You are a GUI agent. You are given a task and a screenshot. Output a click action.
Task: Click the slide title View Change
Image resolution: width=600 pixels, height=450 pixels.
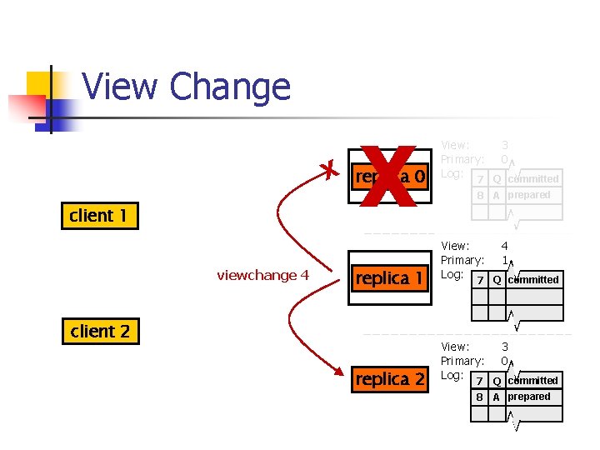point(187,87)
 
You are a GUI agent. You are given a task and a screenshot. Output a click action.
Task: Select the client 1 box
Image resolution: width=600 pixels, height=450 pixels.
point(98,216)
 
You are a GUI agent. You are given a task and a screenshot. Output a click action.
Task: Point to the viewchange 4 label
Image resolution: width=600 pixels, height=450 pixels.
point(262,275)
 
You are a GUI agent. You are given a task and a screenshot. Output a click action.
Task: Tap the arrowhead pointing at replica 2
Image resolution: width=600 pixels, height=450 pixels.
point(341,372)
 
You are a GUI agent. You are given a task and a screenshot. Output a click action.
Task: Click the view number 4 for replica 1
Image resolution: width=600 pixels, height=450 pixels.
point(504,246)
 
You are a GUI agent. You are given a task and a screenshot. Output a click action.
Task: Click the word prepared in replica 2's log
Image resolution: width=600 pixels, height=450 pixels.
point(529,397)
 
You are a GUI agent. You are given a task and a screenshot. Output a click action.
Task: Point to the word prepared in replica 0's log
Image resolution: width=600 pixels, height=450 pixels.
point(529,195)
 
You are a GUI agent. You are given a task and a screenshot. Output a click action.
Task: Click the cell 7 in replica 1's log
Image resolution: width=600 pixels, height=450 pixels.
point(479,281)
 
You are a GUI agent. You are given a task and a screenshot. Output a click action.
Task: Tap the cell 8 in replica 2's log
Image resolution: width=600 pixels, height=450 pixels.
point(479,397)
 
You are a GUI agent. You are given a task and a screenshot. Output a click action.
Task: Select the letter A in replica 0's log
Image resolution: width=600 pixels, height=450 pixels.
point(496,196)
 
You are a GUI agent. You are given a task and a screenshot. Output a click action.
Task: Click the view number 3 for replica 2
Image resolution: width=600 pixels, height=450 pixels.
point(504,347)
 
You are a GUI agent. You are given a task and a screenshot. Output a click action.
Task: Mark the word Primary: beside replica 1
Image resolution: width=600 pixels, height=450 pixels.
point(462,260)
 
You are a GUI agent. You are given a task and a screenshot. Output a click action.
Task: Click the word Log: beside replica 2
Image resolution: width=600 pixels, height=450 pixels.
point(451,375)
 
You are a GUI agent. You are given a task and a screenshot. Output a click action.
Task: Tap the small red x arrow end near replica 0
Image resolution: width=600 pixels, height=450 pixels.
point(331,171)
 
